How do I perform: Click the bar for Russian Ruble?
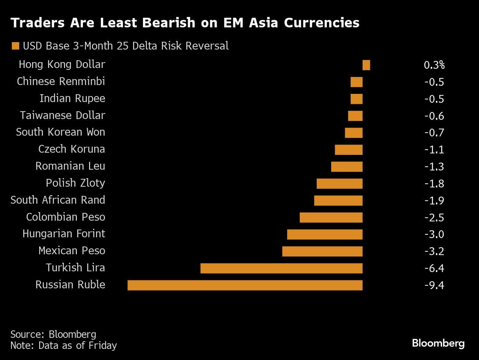[245, 285]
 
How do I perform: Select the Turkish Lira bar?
[281, 268]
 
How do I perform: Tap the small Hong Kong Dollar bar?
[366, 65]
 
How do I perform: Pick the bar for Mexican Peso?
[322, 251]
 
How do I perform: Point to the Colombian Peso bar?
[331, 217]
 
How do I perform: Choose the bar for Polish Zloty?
[339, 184]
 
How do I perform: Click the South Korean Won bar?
[353, 133]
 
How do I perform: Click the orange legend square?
[15, 46]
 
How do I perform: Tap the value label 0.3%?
[434, 65]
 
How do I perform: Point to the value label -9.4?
[434, 285]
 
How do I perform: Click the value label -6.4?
[434, 268]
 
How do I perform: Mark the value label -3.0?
[434, 234]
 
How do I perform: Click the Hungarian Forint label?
[64, 234]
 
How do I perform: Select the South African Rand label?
[58, 200]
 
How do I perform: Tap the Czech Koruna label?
[71, 149]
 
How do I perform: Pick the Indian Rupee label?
[72, 98]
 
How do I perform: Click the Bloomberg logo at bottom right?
[438, 343]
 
